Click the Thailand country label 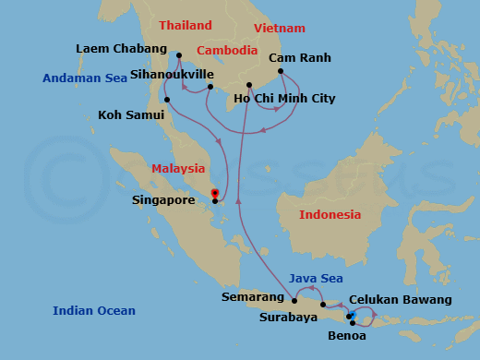pos(185,26)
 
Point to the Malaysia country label pos(178,168)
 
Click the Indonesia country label pos(330,214)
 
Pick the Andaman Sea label pos(85,78)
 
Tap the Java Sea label pos(316,278)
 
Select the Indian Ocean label pos(94,310)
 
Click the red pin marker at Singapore pos(215,193)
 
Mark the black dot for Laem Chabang pos(179,55)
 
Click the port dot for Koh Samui pos(167,100)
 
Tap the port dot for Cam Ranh pos(281,71)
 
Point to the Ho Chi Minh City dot pos(249,85)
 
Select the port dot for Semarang pos(293,299)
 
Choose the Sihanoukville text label pos(172,73)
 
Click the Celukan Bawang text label pos(401,300)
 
